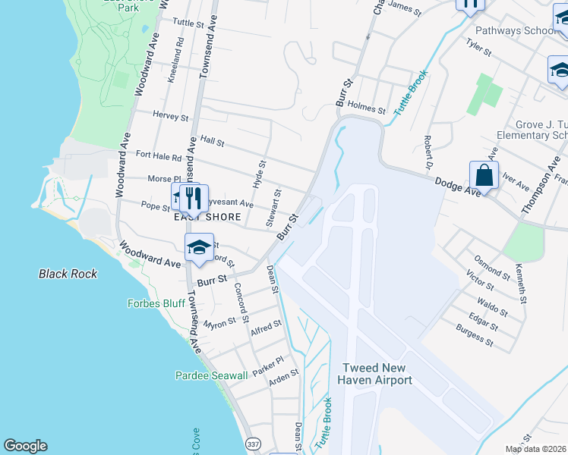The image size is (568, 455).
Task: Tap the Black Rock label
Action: pos(68,273)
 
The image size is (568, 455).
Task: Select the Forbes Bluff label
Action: pos(156,303)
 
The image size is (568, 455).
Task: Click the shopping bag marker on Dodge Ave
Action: pos(484,176)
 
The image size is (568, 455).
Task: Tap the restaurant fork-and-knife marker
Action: pos(194,198)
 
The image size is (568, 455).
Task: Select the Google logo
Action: pos(25,446)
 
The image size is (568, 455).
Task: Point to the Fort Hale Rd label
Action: pos(159,155)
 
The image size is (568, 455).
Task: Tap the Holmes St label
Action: pos(368,108)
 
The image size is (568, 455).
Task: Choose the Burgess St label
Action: pos(475,336)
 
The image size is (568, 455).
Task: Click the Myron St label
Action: pos(220,322)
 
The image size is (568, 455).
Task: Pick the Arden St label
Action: pos(284,377)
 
